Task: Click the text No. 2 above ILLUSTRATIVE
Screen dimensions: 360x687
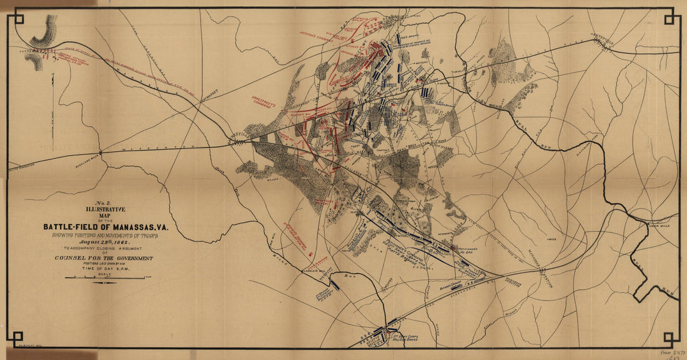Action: pos(103,204)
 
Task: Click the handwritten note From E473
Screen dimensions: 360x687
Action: pos(672,352)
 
